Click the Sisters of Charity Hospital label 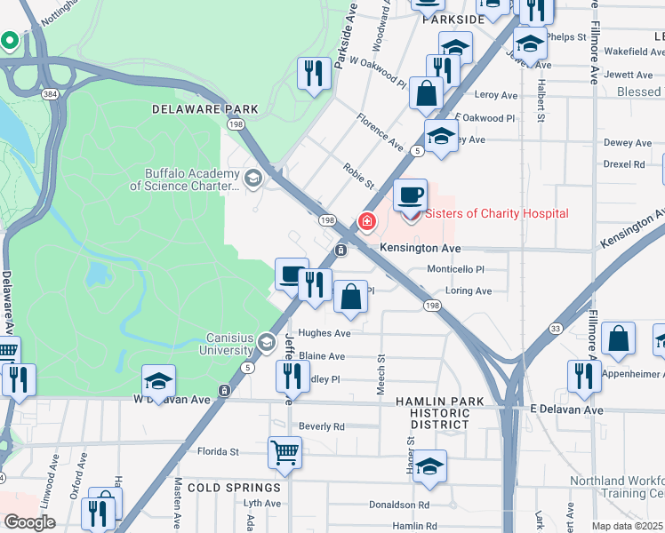(x=496, y=213)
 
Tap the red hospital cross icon (x=365, y=220)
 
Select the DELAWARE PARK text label (x=204, y=109)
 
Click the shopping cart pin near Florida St (x=285, y=453)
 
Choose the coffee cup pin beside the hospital (x=410, y=196)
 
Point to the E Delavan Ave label (x=566, y=410)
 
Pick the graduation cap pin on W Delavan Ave (x=158, y=382)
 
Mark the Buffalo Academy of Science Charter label (x=185, y=179)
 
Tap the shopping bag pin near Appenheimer (x=618, y=339)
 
